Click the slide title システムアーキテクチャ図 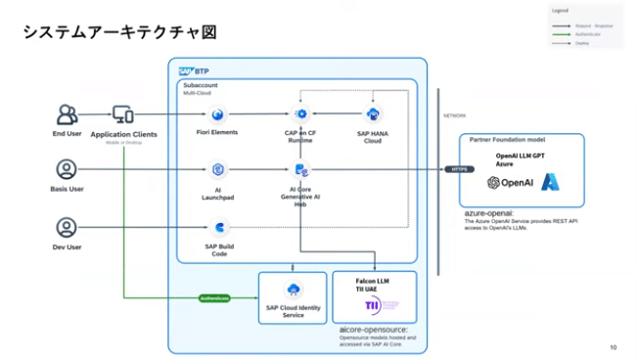(x=118, y=33)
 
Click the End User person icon (x=67, y=114)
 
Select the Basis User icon (x=67, y=169)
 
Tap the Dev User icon (x=67, y=227)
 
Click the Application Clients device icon (x=123, y=114)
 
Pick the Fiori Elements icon (x=218, y=114)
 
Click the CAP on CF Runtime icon (x=301, y=114)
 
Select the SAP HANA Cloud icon (x=373, y=114)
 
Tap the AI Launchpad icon (x=218, y=170)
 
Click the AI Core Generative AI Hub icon (x=301, y=170)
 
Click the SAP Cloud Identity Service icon (x=293, y=289)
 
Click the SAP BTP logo (x=193, y=70)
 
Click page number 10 (x=613, y=348)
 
